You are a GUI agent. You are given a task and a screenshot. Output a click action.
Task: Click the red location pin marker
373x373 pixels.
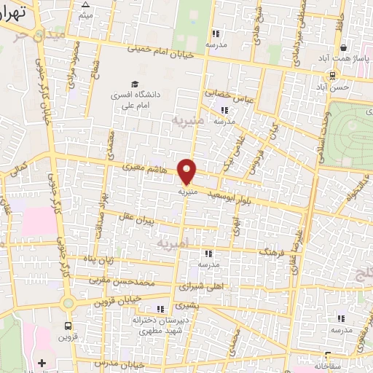click(x=187, y=171)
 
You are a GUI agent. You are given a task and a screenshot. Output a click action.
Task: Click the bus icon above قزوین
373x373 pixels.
click(x=68, y=326)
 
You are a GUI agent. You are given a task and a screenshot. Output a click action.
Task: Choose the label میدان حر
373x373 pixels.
click(x=44, y=34)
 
